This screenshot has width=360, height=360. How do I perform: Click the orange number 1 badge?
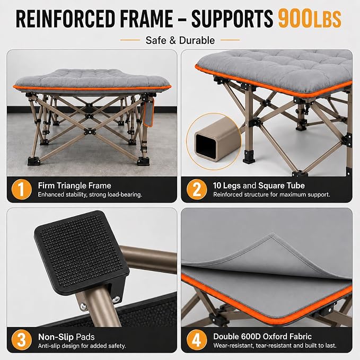tap(21, 189)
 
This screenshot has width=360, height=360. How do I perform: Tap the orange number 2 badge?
tap(197, 189)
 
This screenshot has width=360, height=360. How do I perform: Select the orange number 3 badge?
tap(21, 340)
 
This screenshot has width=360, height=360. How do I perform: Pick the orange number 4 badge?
tap(197, 340)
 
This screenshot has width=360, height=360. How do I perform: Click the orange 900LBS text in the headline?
tap(310, 19)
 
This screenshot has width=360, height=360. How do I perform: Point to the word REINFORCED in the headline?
tap(65, 19)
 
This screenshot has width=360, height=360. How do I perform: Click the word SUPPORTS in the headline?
tap(232, 19)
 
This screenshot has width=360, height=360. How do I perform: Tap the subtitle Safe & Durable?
tap(180, 40)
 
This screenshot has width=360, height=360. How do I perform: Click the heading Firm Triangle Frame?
tap(74, 186)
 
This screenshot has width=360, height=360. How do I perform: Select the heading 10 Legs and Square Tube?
tap(259, 186)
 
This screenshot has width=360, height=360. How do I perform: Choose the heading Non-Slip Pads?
tap(66, 337)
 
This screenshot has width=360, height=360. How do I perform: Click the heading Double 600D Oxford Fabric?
tap(262, 337)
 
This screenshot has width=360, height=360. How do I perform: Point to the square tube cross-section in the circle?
tap(213, 141)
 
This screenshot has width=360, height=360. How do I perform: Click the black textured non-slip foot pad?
tap(82, 252)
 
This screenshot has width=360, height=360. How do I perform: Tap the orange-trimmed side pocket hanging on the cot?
tap(149, 112)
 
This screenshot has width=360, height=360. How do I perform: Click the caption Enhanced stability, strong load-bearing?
tap(90, 195)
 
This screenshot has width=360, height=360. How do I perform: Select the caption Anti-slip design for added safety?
tap(82, 346)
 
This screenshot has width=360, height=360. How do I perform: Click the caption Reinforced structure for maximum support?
tap(271, 195)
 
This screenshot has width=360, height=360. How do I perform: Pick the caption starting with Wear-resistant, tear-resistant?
tap(275, 346)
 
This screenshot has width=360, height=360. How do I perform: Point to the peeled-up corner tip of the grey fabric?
tap(272, 234)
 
